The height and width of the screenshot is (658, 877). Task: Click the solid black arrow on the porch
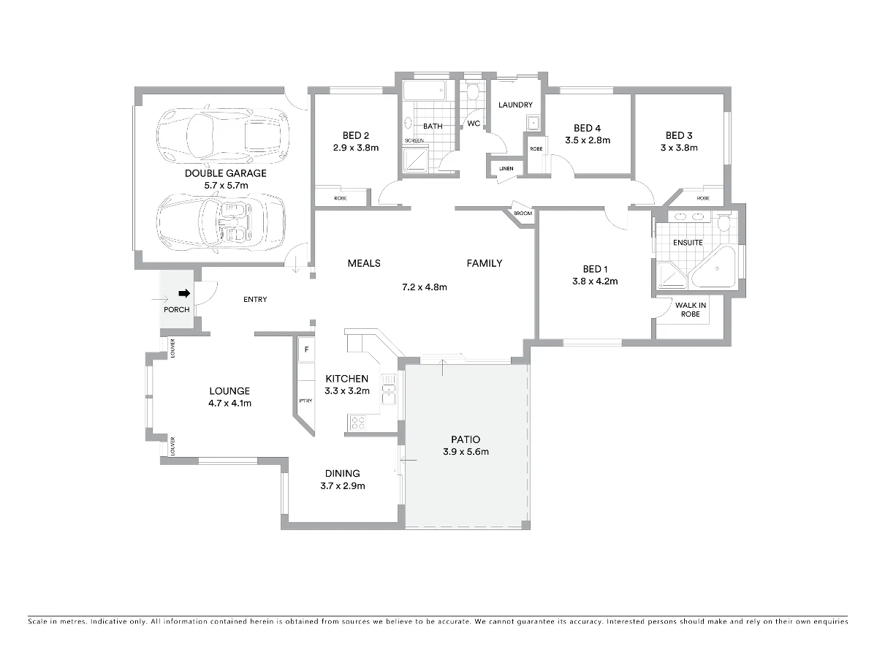184,294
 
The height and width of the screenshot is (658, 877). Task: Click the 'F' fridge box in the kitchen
305,350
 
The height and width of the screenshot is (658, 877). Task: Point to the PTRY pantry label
305,401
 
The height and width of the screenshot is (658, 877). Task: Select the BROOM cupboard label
523,213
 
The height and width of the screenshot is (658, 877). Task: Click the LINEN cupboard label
506,169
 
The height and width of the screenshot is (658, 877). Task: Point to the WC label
474,124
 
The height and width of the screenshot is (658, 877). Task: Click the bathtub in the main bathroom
424,92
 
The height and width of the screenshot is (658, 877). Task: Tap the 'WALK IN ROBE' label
690,310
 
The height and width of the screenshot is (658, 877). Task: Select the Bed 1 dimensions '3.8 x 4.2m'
595,281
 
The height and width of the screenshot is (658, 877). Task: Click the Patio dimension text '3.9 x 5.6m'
466,452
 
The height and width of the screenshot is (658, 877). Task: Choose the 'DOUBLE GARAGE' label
225,173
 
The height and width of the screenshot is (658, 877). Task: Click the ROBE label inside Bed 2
341,198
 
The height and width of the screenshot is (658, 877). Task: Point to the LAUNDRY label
515,105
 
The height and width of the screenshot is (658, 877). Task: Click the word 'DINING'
342,474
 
